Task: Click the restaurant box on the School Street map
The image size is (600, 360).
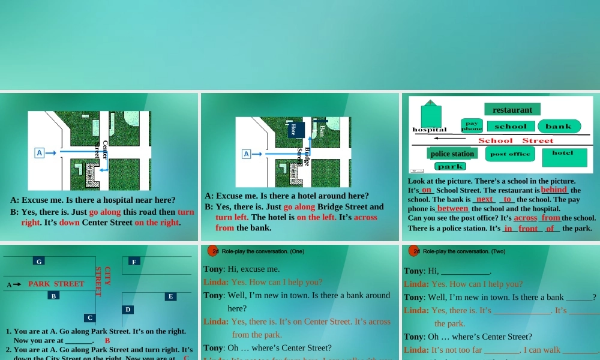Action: (x=512, y=110)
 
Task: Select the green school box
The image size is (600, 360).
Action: (x=510, y=126)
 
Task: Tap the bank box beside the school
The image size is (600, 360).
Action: (x=559, y=126)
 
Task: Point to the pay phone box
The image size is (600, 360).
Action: (x=472, y=125)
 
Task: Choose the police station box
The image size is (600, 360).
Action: (x=452, y=154)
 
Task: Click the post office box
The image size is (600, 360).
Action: (x=510, y=154)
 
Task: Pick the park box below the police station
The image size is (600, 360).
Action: (x=450, y=166)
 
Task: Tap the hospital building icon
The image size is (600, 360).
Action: (x=431, y=113)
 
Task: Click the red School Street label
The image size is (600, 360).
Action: (x=515, y=140)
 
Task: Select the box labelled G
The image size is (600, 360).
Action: (x=39, y=261)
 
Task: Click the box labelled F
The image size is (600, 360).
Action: (x=134, y=261)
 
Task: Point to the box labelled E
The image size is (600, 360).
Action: (x=171, y=296)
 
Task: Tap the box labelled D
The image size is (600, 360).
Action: (x=128, y=309)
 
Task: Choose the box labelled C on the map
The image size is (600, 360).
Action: (x=89, y=317)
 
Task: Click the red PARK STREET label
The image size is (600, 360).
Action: (x=56, y=284)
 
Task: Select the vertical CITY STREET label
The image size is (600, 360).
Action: (x=103, y=281)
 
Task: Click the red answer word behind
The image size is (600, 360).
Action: (x=554, y=190)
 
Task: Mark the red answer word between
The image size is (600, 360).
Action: (x=453, y=208)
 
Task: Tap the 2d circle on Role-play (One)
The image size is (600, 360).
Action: (x=213, y=251)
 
